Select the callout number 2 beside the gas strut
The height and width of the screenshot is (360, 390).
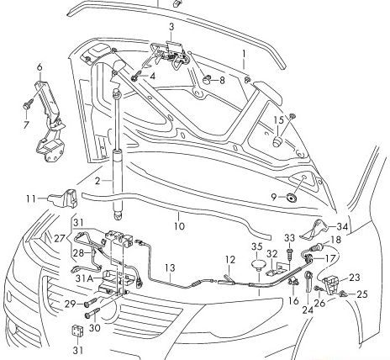click(x=97, y=181)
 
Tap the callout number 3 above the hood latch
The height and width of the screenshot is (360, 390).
click(x=171, y=27)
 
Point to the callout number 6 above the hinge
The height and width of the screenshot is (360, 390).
click(x=39, y=65)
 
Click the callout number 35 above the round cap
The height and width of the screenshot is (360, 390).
click(x=257, y=246)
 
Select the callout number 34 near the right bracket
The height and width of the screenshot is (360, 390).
click(x=342, y=226)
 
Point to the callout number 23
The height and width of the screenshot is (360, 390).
click(x=354, y=277)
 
